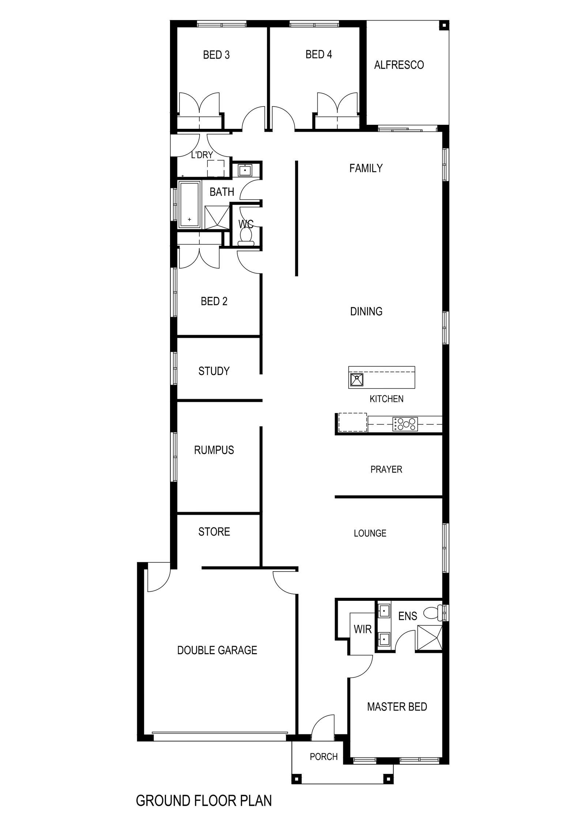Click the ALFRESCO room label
point(399,65)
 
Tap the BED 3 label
point(216,55)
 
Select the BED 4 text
point(319,55)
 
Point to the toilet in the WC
point(246,236)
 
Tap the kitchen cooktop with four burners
point(404,424)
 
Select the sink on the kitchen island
point(356,380)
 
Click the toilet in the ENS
point(433,613)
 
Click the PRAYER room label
point(386,469)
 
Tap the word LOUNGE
point(370,533)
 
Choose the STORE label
point(214,532)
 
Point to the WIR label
point(363,629)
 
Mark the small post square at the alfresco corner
point(444,25)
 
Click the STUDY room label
point(214,371)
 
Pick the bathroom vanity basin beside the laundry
point(244,170)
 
